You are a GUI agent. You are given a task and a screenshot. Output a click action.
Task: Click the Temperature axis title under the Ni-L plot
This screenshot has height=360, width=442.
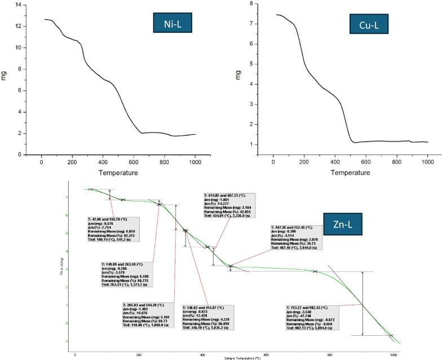[x=118, y=172]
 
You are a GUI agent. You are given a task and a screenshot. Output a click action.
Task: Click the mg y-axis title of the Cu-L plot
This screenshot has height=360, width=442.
[x=238, y=74]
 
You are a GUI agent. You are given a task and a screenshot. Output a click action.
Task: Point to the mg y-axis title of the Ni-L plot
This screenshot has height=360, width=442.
[x=5, y=74]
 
